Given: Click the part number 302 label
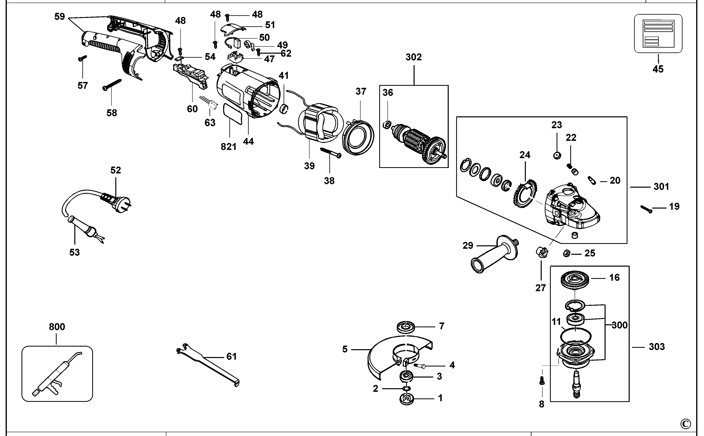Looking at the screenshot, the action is (414, 57).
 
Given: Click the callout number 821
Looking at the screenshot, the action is (229, 147).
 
